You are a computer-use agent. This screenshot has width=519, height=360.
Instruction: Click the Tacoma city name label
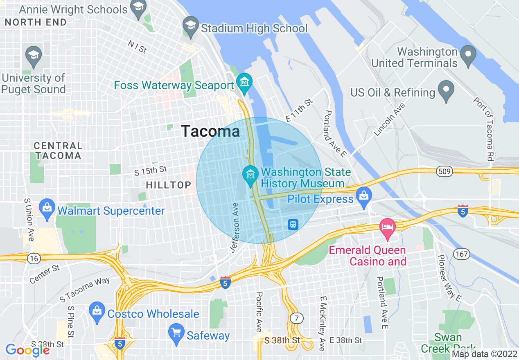pos(210,131)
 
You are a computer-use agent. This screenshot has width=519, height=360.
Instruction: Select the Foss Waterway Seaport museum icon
pos(244,81)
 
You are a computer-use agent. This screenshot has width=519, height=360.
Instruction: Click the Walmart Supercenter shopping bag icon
pos(47,208)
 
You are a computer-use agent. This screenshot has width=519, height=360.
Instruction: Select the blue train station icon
pos(293,224)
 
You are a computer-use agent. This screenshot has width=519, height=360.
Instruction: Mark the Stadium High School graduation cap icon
pos(191,25)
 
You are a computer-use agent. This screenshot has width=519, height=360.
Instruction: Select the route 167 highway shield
pos(461,254)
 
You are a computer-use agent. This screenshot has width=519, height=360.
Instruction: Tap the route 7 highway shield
pos(296,318)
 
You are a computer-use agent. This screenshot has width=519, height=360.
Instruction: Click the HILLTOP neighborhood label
pos(169,185)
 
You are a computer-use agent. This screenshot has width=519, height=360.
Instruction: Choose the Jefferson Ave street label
pos(235,227)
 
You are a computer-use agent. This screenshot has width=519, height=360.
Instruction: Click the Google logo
pos(27,350)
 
